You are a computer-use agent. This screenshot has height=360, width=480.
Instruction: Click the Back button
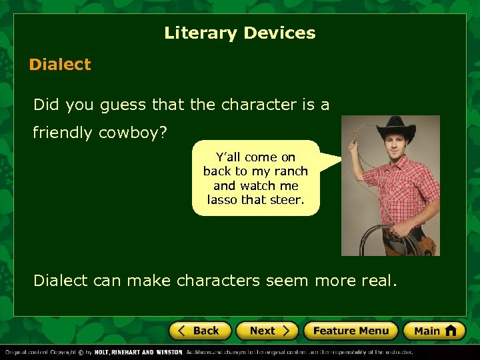200,331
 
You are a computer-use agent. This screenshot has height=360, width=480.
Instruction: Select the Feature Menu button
351,331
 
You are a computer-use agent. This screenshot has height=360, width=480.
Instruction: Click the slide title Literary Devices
240,33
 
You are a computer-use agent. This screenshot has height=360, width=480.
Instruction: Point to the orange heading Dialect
60,65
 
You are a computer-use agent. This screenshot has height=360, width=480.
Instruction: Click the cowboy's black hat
395,127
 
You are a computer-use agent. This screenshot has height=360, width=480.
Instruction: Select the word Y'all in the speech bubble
227,157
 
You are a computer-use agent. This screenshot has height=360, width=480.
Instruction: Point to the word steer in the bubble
288,199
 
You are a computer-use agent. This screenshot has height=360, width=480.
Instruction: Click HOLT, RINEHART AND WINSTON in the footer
138,352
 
